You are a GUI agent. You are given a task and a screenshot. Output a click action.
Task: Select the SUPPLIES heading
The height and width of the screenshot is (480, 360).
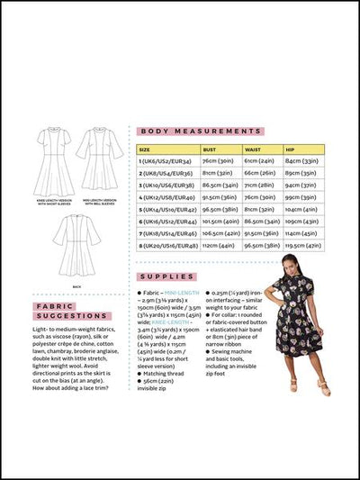coord(167,276)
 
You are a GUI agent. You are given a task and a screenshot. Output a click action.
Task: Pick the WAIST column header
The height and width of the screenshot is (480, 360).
coord(255,149)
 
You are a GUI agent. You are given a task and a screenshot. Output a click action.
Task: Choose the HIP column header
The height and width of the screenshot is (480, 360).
coord(291,149)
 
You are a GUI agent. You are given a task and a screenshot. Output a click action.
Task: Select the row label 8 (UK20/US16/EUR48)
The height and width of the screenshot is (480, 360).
coord(168,244)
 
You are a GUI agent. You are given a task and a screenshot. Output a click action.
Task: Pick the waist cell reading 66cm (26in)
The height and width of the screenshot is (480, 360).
coord(260,174)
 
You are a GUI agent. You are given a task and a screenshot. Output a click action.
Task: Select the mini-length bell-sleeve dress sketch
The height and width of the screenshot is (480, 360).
coord(100,155)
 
